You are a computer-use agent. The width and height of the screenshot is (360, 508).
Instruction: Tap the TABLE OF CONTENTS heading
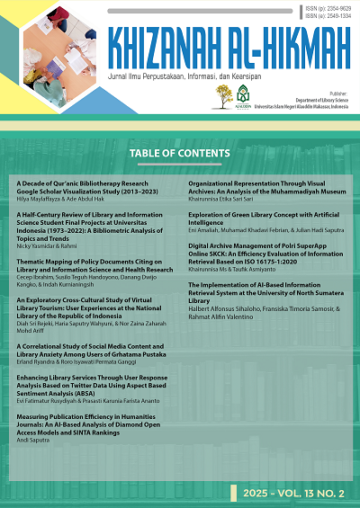pyautogui.click(x=180, y=154)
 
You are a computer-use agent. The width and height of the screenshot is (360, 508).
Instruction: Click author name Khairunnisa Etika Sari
pyautogui.click(x=223, y=199)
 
